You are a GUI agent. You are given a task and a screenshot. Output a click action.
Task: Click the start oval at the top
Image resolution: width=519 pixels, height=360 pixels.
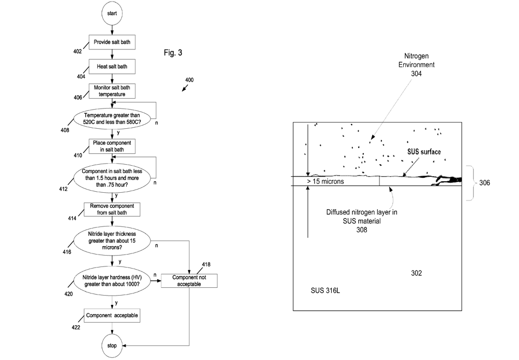coord(112,14)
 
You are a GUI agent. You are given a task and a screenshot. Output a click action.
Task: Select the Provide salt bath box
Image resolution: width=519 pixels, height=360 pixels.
coord(112,42)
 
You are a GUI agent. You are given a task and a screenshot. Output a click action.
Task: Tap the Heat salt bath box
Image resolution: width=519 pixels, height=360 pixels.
coord(112,66)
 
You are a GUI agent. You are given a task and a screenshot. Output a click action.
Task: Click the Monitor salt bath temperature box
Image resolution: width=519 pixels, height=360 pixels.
coord(112,91)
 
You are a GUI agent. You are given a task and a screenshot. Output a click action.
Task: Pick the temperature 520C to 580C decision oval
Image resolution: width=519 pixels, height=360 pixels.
coord(112,118)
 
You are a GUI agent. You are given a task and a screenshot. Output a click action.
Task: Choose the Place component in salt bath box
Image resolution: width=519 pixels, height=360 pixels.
coord(112,146)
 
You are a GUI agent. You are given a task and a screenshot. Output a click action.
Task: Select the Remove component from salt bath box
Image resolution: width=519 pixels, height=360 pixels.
coord(112,210)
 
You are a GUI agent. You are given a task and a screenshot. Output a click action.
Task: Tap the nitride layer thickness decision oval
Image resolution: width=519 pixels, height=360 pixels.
coord(112,241)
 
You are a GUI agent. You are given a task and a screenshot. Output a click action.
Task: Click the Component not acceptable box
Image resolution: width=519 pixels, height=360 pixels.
coord(188,281)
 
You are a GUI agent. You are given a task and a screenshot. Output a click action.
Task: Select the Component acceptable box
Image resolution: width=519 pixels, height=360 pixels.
coord(112,315)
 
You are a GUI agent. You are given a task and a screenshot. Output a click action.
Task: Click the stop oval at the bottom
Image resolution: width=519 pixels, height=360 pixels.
coord(112,345)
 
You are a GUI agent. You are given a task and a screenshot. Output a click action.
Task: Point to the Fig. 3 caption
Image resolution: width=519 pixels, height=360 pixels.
coord(173,53)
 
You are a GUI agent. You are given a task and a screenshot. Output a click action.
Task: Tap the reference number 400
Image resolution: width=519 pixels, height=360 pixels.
coord(189,80)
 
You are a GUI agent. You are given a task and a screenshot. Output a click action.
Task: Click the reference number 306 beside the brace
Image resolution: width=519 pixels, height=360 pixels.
coord(484,183)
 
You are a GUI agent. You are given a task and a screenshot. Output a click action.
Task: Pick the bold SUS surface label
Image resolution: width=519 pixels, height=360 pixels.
coord(423,152)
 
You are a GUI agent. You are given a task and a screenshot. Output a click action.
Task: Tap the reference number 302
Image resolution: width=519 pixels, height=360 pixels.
coord(416,273)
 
